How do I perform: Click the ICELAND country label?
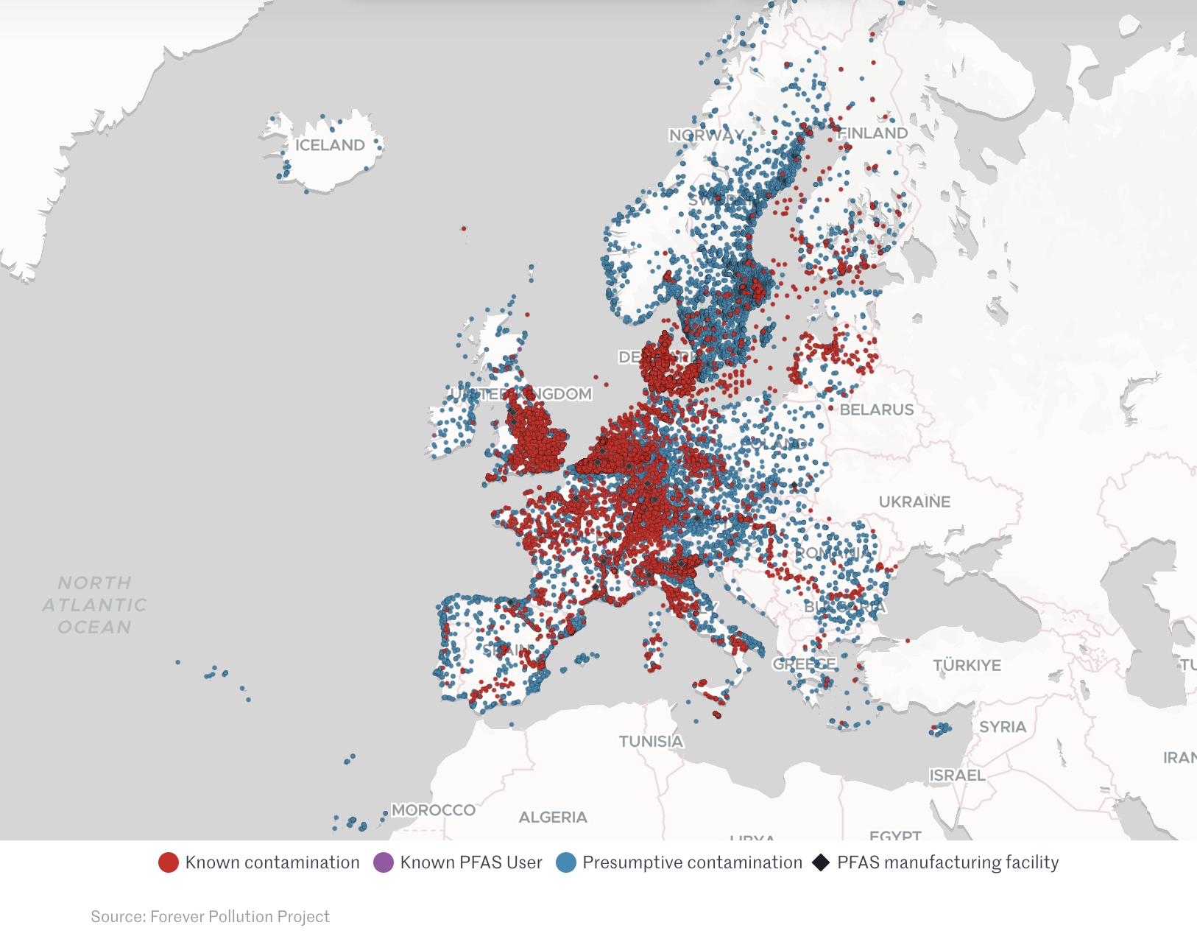pyautogui.click(x=330, y=145)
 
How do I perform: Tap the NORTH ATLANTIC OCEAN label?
pyautogui.click(x=94, y=605)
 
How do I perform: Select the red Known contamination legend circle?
pyautogui.click(x=169, y=862)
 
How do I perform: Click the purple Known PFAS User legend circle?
pyautogui.click(x=384, y=862)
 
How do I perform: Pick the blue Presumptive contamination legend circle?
pyautogui.click(x=565, y=862)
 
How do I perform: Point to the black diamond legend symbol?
pyautogui.click(x=821, y=862)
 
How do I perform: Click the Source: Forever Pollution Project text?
pyautogui.click(x=210, y=916)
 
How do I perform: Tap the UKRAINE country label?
pyautogui.click(x=914, y=502)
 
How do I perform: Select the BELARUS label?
pyautogui.click(x=876, y=410)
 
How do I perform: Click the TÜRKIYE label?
pyautogui.click(x=967, y=665)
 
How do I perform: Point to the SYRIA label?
pyautogui.click(x=1002, y=726)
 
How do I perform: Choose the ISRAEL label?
pyautogui.click(x=957, y=775)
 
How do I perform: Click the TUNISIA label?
pyautogui.click(x=651, y=741)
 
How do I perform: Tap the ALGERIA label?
pyautogui.click(x=553, y=817)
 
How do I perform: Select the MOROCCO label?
pyautogui.click(x=433, y=809)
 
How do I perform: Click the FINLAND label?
pyautogui.click(x=873, y=133)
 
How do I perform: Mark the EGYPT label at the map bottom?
pyautogui.click(x=895, y=835)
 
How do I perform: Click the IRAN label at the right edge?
pyautogui.click(x=1179, y=757)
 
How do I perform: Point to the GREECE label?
pyautogui.click(x=804, y=664)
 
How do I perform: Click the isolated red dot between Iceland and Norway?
pyautogui.click(x=463, y=228)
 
